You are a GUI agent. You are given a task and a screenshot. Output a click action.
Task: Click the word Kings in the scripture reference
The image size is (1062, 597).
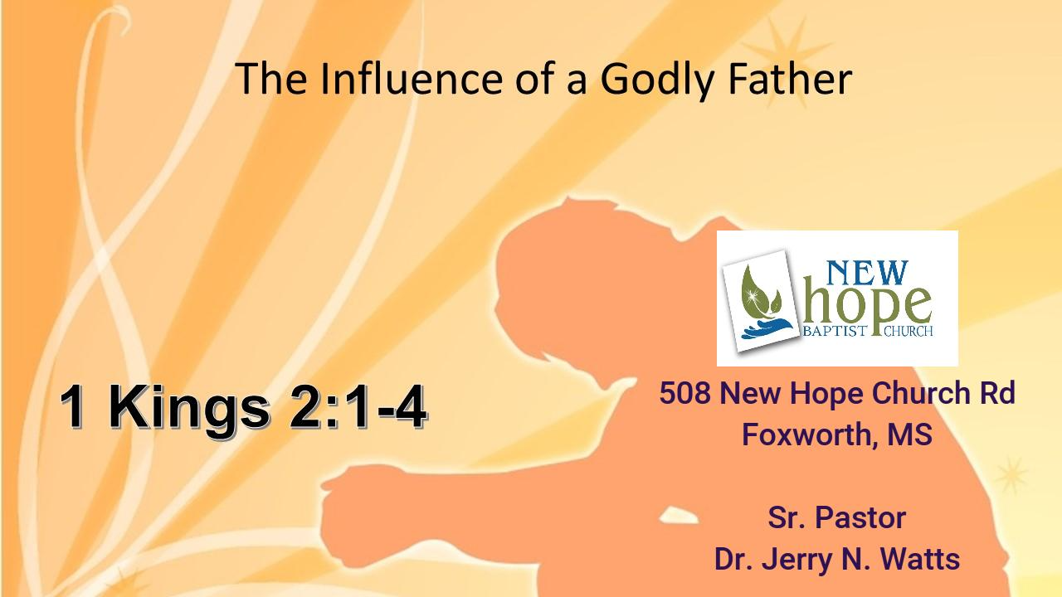point(190,408)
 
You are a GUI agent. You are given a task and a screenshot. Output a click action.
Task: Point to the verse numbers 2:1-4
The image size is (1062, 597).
point(358,408)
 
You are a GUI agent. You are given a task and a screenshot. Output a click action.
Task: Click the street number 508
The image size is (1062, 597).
point(684,393)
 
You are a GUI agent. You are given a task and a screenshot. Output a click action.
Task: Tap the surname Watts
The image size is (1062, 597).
point(922,559)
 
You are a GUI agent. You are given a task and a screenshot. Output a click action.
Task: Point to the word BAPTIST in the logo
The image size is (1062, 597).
point(828,332)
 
